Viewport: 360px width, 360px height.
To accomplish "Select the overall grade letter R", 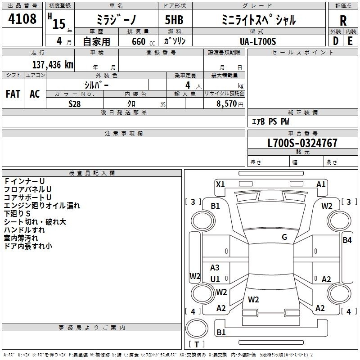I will [x=343, y=20].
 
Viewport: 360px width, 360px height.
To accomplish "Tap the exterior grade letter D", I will [x=335, y=40].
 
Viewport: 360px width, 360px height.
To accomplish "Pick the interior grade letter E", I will [x=350, y=40].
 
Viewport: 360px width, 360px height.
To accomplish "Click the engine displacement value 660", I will [x=137, y=41].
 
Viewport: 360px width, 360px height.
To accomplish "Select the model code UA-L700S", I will [x=258, y=41].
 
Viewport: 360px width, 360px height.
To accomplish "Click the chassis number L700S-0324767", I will [x=302, y=144].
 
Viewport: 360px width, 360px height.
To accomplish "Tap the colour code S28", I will [x=75, y=103].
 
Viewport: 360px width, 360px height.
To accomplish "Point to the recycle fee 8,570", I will [x=226, y=103].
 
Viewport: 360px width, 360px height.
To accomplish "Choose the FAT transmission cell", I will [x=13, y=94].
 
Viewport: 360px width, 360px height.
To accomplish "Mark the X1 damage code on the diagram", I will [x=220, y=184].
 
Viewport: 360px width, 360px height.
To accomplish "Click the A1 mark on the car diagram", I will [x=321, y=184].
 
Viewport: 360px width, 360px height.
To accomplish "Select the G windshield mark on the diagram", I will [x=284, y=237].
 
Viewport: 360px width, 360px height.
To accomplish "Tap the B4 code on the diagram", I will [x=347, y=240].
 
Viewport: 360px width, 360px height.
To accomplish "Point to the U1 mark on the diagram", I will [x=215, y=279].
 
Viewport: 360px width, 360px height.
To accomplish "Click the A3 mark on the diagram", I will [x=215, y=268].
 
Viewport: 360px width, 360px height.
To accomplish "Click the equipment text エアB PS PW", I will [x=270, y=121].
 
